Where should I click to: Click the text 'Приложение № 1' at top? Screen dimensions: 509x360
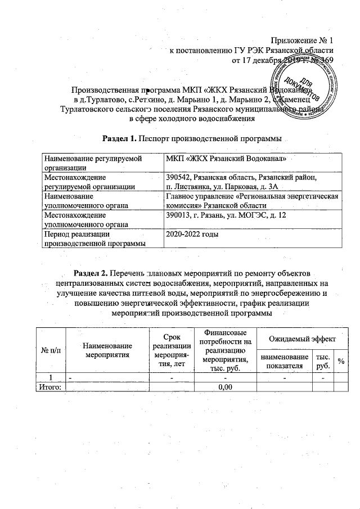303,41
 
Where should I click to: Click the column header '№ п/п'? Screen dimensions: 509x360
52,351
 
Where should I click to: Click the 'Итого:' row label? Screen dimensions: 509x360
49,386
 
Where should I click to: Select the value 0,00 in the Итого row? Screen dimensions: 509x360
225,386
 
